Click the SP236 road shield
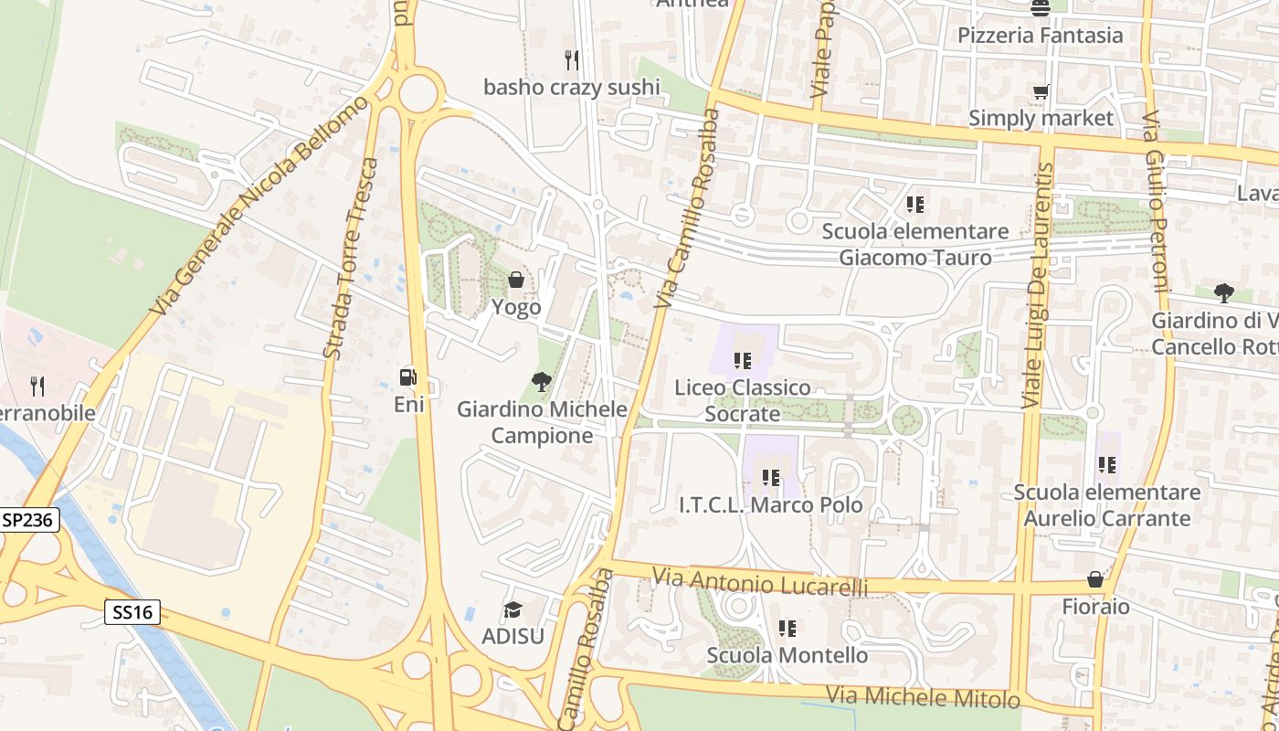point(29,520)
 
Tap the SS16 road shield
point(132,612)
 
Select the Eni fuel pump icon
point(408,376)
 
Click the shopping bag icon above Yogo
point(516,280)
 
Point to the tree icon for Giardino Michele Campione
point(542,382)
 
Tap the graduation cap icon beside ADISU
point(513,609)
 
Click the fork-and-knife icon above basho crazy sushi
point(572,60)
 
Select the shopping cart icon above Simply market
point(1041,91)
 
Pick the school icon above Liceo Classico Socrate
point(743,361)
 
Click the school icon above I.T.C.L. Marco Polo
point(771,477)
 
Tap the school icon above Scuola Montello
point(787,628)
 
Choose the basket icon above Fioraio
point(1095,579)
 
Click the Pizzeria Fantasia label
point(1040,36)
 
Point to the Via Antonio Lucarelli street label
point(760,582)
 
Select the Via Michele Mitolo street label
point(923,697)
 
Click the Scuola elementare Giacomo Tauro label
point(915,244)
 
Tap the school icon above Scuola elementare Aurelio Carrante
point(1107,465)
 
